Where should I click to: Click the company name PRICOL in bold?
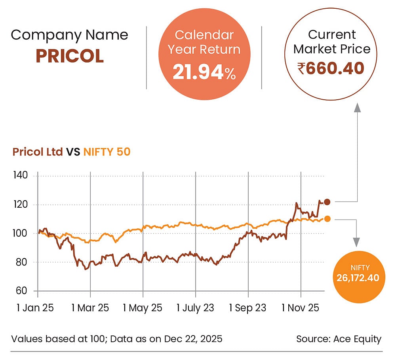click(70, 56)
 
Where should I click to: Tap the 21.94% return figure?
click(204, 72)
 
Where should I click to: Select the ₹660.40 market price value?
click(331, 68)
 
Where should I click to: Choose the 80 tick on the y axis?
click(21, 262)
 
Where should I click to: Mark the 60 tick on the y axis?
click(21, 291)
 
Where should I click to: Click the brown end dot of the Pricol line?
click(327, 202)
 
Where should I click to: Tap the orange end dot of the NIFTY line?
click(327, 219)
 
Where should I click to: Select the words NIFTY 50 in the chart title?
click(107, 152)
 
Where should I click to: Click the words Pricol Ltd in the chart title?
click(38, 152)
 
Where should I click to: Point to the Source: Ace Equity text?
click(339, 339)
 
